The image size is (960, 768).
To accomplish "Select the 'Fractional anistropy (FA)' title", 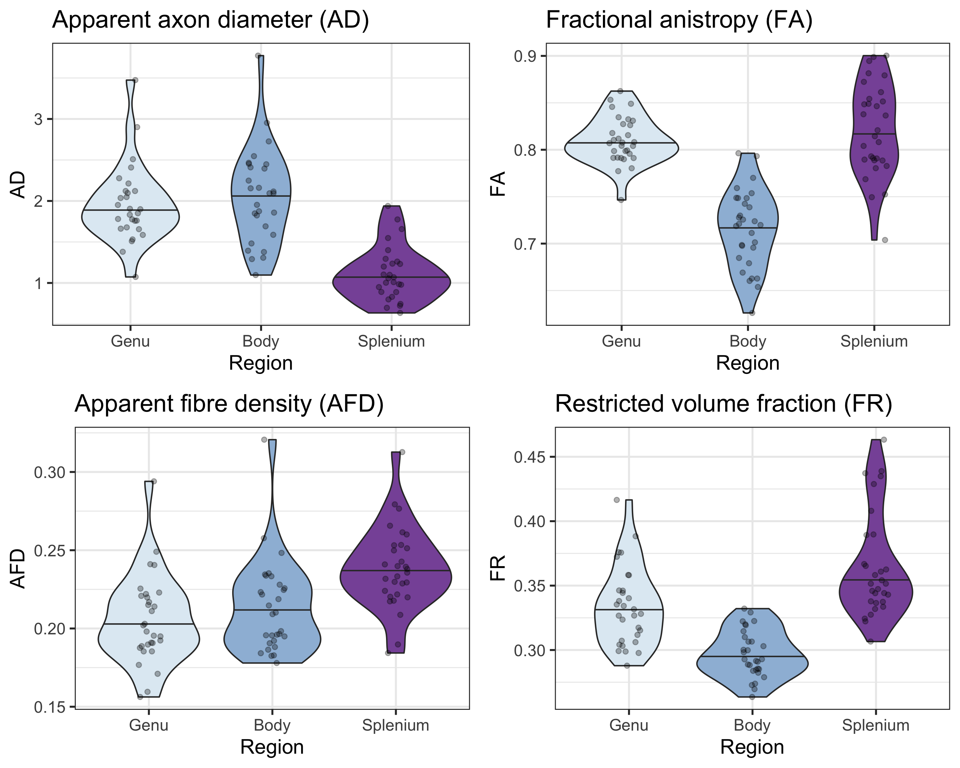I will pyautogui.click(x=679, y=20).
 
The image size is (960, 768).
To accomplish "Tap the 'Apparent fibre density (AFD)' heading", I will pyautogui.click(x=229, y=404).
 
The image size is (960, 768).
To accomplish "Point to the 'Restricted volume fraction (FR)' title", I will pyautogui.click(x=724, y=404).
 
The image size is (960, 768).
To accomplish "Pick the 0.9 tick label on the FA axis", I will pyautogui.click(x=525, y=56).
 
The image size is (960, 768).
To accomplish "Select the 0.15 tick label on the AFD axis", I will pyautogui.click(x=49, y=707).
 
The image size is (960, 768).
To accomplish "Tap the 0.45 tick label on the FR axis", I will pyautogui.click(x=529, y=457).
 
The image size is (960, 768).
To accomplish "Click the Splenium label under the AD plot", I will pyautogui.click(x=392, y=341).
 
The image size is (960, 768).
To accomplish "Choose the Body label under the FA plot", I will pyautogui.click(x=748, y=341).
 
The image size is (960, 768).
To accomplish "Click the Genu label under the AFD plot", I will pyautogui.click(x=149, y=725).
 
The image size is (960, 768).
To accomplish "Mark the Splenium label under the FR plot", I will pyautogui.click(x=875, y=725).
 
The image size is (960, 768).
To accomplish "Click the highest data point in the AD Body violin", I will pyautogui.click(x=258, y=56).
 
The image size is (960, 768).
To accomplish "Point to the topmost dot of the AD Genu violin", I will pyautogui.click(x=135, y=80).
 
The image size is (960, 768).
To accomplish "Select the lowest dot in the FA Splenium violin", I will pyautogui.click(x=885, y=240).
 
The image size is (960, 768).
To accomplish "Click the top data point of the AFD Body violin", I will pyautogui.click(x=264, y=439).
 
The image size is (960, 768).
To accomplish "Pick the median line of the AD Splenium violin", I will pyautogui.click(x=392, y=277).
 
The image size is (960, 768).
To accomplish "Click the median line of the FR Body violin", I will pyautogui.click(x=752, y=656).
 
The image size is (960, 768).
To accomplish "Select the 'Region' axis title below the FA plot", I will pyautogui.click(x=748, y=363).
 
